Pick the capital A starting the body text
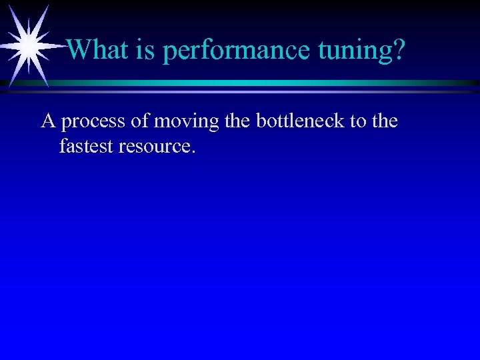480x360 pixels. point(48,121)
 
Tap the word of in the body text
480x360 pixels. point(137,121)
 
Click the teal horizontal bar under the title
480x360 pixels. point(267,83)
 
